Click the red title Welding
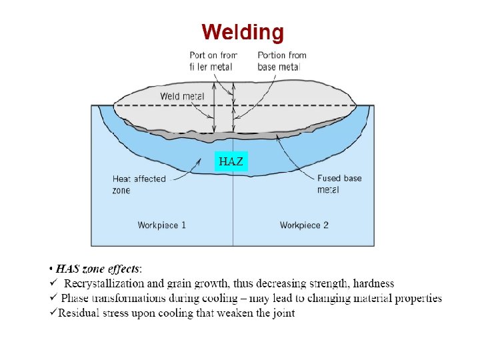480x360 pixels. pyautogui.click(x=243, y=32)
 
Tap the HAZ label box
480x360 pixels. pyautogui.click(x=231, y=161)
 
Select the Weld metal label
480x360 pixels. pyautogui.click(x=182, y=97)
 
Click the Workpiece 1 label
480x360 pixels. pyautogui.click(x=162, y=225)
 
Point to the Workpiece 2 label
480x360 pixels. pyautogui.click(x=304, y=225)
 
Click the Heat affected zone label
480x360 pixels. pyautogui.click(x=139, y=185)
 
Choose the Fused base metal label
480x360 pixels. pyautogui.click(x=339, y=184)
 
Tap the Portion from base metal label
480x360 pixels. pyautogui.click(x=281, y=61)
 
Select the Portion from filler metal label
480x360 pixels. pyautogui.click(x=213, y=61)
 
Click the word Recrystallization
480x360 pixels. pyautogui.click(x=106, y=285)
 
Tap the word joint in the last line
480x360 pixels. pyautogui.click(x=283, y=313)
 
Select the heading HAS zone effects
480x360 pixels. pyautogui.click(x=97, y=270)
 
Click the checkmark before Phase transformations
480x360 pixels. pyautogui.click(x=54, y=298)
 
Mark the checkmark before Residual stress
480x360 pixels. pyautogui.click(x=53, y=313)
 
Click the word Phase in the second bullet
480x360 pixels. pyautogui.click(x=75, y=299)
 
